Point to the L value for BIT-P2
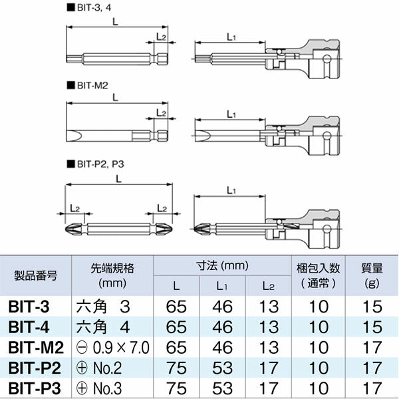pos(176,367)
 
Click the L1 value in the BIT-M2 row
pos(222,347)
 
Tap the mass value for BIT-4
pos(372,327)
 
